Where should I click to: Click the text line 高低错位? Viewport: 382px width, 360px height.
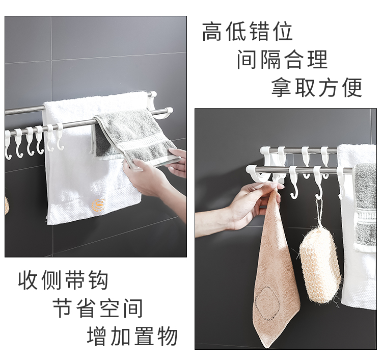[x=247, y=32]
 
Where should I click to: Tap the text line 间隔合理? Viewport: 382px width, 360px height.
[x=282, y=60]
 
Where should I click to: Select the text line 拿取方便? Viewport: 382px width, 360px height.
[x=317, y=87]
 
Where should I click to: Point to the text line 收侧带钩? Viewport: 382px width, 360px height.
[x=63, y=280]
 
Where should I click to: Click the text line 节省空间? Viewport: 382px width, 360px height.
[x=98, y=308]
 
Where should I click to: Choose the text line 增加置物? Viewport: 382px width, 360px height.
[x=132, y=336]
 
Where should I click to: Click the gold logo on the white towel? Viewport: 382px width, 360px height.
[x=98, y=205]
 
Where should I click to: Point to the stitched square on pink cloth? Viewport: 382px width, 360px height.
[x=267, y=303]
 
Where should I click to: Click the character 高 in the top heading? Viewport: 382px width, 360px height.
[x=212, y=32]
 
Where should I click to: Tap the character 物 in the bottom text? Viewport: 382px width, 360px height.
[x=168, y=336]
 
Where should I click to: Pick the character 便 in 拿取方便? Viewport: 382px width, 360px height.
[x=352, y=87]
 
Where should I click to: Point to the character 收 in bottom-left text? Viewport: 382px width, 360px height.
[x=28, y=280]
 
